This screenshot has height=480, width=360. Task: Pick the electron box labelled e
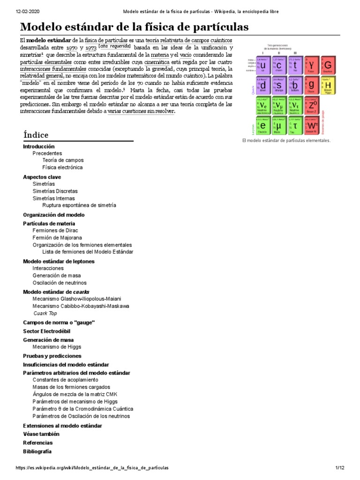[263, 125]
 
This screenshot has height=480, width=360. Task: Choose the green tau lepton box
[295, 125]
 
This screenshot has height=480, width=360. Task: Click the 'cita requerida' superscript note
[115, 47]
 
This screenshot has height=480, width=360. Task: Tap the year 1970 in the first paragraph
[72, 48]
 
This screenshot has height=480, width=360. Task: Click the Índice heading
[36, 135]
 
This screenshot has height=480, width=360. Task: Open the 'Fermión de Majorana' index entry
[57, 238]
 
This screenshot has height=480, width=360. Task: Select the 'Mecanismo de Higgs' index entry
[57, 347]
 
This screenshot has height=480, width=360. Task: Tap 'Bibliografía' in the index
[37, 451]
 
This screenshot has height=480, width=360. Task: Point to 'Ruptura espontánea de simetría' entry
[79, 205]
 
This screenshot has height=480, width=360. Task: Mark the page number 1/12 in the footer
[340, 468]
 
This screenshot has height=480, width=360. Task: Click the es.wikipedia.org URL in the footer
[92, 468]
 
